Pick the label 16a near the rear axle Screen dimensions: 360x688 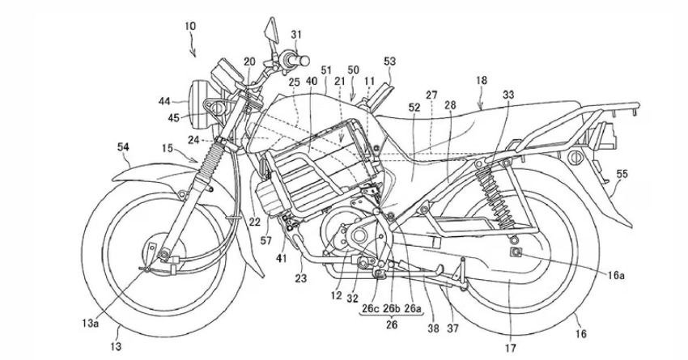617,275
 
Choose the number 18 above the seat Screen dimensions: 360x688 482,82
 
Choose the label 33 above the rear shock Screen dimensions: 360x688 508,93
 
